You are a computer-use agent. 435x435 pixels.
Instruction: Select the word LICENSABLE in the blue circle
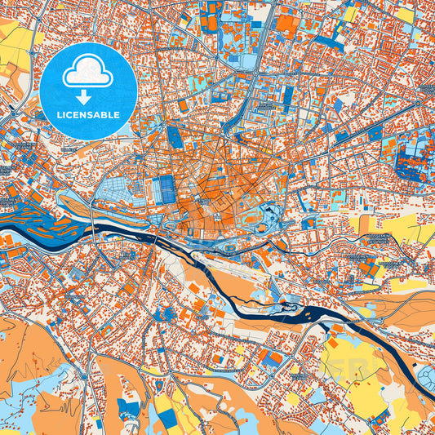click(x=88, y=115)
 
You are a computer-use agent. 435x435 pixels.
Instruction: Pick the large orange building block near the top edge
click(x=287, y=24)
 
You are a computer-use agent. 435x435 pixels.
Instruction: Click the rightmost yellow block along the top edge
click(x=405, y=14)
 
